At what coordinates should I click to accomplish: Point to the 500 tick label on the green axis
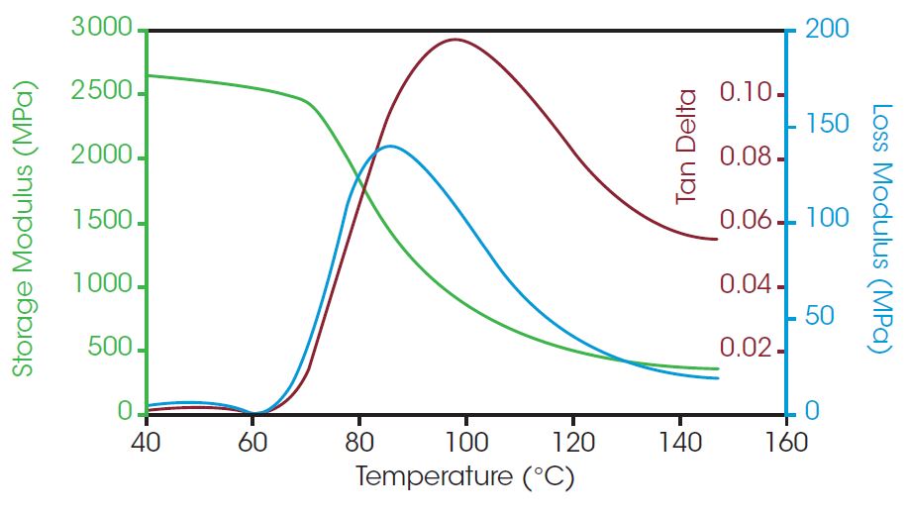112,350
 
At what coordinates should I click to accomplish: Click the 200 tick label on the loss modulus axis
827,29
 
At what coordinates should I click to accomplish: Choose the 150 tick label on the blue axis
827,125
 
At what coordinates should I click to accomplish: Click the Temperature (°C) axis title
464,478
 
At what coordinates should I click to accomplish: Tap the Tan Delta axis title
686,148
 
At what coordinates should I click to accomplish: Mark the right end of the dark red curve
716,239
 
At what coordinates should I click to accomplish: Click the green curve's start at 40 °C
148,75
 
